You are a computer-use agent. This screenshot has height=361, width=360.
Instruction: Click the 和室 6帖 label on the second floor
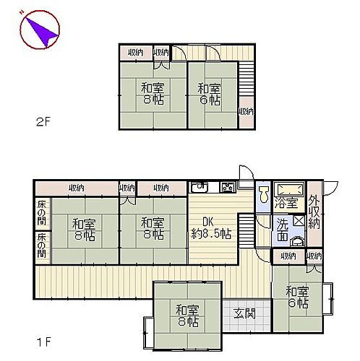click(x=210, y=95)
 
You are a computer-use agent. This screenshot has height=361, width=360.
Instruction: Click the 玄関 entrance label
click(x=244, y=314)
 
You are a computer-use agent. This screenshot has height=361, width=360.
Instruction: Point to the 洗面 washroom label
click(x=283, y=230)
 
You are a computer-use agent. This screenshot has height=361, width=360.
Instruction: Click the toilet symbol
click(x=265, y=195)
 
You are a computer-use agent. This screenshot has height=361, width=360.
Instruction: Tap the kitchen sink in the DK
click(x=200, y=188)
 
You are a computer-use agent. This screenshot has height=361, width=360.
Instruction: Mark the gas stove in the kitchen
click(x=226, y=188)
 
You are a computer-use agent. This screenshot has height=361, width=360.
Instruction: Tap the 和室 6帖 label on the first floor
click(x=297, y=297)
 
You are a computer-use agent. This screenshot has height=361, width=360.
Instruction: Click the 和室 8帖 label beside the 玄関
click(x=187, y=316)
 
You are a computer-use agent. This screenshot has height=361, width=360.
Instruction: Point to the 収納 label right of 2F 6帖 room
click(x=247, y=111)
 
